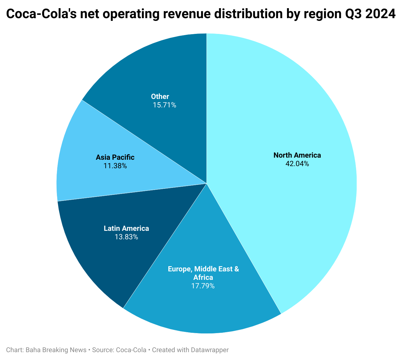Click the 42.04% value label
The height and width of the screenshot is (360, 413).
[x=297, y=164]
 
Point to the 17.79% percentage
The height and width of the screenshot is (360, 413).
[x=203, y=286]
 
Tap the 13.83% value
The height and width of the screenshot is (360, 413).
[x=126, y=237]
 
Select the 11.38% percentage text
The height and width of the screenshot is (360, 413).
[x=115, y=166]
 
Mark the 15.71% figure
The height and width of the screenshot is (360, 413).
[x=164, y=105]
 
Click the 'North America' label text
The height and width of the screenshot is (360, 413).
[x=297, y=155]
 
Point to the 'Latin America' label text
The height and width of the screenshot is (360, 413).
[x=126, y=228]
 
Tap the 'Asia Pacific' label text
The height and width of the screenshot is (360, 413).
[x=115, y=157]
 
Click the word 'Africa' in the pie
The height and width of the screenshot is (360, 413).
[x=203, y=277]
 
